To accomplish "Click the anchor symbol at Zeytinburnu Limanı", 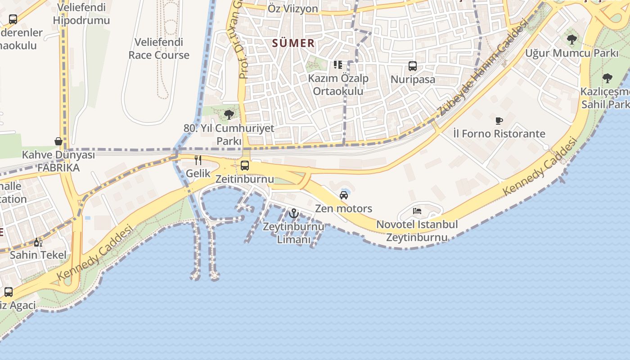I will [x=294, y=213].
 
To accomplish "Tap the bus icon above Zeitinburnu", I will [x=245, y=165].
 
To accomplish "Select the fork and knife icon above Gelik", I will [x=198, y=160].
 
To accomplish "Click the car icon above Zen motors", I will [x=344, y=195].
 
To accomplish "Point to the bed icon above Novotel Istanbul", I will [x=417, y=211].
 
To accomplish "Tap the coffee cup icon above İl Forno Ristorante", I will [x=499, y=120].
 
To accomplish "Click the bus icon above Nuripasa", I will [x=413, y=66].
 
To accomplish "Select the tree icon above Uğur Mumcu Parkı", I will [x=572, y=40].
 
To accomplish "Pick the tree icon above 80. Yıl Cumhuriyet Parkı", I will [x=229, y=114].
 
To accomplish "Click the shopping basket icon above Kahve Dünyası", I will [x=58, y=141].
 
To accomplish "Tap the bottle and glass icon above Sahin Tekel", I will [x=38, y=243].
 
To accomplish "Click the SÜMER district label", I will [x=293, y=43].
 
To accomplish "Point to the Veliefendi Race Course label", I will [x=159, y=49].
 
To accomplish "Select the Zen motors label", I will [x=343, y=208].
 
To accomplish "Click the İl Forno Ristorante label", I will [x=499, y=134].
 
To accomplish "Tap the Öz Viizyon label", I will [x=292, y=9].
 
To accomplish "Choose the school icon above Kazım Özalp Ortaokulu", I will [x=337, y=65].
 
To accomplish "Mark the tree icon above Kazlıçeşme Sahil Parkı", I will [x=607, y=78].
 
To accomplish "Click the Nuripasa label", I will [x=413, y=80].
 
